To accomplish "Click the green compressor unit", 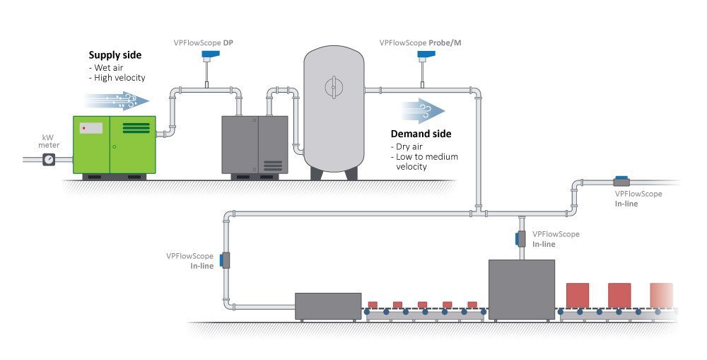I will [x=114, y=145].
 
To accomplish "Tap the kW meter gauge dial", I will [x=48, y=160].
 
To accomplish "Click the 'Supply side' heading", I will [x=115, y=54].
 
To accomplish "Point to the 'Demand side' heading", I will [x=420, y=134].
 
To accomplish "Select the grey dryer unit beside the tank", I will [x=255, y=144].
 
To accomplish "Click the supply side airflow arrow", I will [x=117, y=101].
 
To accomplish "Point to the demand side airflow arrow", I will [x=423, y=110].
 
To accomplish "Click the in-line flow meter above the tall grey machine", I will [x=521, y=238].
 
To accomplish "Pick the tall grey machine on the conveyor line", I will [x=522, y=289].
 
